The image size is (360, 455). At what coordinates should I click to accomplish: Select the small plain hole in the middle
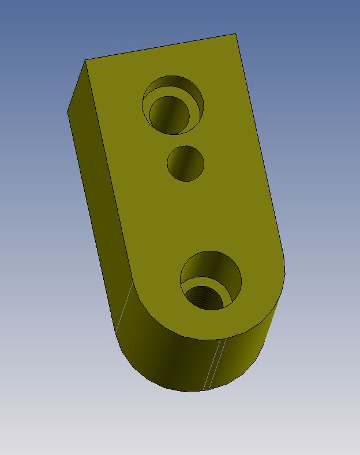(186, 163)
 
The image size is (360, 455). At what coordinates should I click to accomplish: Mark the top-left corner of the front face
(86, 60)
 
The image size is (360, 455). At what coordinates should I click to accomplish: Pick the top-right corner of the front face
(235, 34)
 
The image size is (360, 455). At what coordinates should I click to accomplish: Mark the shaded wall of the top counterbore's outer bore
(173, 84)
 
